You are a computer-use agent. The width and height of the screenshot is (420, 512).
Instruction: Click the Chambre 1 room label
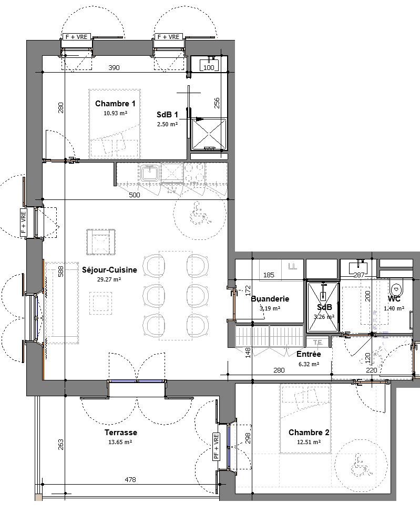(x=115, y=104)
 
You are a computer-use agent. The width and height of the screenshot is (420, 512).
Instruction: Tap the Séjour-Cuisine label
(x=109, y=270)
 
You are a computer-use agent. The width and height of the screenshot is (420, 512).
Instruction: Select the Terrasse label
(x=121, y=433)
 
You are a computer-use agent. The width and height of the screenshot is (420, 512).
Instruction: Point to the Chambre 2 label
(x=309, y=433)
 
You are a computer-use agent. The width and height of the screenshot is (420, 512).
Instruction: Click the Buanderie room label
(x=270, y=298)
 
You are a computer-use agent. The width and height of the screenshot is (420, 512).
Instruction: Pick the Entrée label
(x=309, y=354)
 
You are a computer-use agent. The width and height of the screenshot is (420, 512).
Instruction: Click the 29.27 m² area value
(x=109, y=279)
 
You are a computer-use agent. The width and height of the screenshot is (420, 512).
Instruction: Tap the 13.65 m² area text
(x=120, y=442)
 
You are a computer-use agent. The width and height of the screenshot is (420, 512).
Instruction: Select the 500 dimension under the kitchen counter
(x=135, y=195)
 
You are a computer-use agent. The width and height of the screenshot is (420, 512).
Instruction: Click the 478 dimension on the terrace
(x=130, y=480)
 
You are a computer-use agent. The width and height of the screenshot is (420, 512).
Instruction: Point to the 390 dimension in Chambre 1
(x=114, y=67)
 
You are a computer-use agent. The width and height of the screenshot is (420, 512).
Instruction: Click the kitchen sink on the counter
(x=150, y=173)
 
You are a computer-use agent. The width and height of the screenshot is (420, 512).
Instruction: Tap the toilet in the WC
(x=396, y=287)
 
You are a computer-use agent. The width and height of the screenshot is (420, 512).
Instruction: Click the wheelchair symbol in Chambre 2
(x=361, y=464)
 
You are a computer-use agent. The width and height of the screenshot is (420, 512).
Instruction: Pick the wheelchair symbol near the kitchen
(x=200, y=213)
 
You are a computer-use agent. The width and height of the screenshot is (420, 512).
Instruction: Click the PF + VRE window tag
(x=216, y=446)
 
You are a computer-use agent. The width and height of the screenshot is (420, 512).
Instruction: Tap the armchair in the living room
(x=101, y=242)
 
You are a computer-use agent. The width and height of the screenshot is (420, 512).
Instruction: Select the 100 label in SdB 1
(x=209, y=67)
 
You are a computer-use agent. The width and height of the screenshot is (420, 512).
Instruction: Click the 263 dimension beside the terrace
(x=60, y=445)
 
